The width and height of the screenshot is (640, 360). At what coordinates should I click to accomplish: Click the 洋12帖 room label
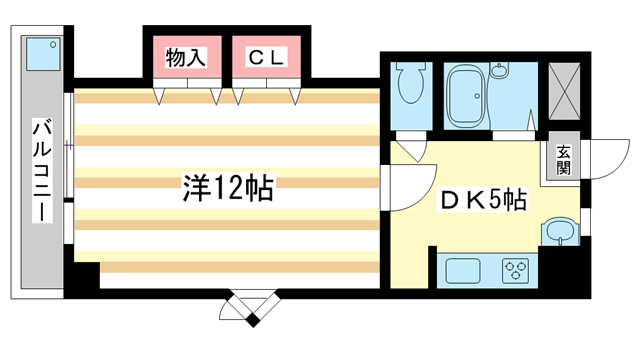coord(229,189)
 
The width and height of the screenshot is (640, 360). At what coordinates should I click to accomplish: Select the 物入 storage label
coord(185,59)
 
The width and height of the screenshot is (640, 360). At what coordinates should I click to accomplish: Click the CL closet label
coord(267,59)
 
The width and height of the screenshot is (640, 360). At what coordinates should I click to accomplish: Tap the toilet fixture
coord(410,85)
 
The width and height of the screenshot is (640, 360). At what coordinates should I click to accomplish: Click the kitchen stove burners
coord(516,271)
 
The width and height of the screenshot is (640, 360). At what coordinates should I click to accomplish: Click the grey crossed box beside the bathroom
coord(565,88)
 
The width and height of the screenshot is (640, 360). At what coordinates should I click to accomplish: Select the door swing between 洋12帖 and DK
coord(398,187)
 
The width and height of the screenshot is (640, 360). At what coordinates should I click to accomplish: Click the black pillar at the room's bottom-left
coord(82,275)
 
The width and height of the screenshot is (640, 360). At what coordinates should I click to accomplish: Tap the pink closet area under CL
coord(267,78)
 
